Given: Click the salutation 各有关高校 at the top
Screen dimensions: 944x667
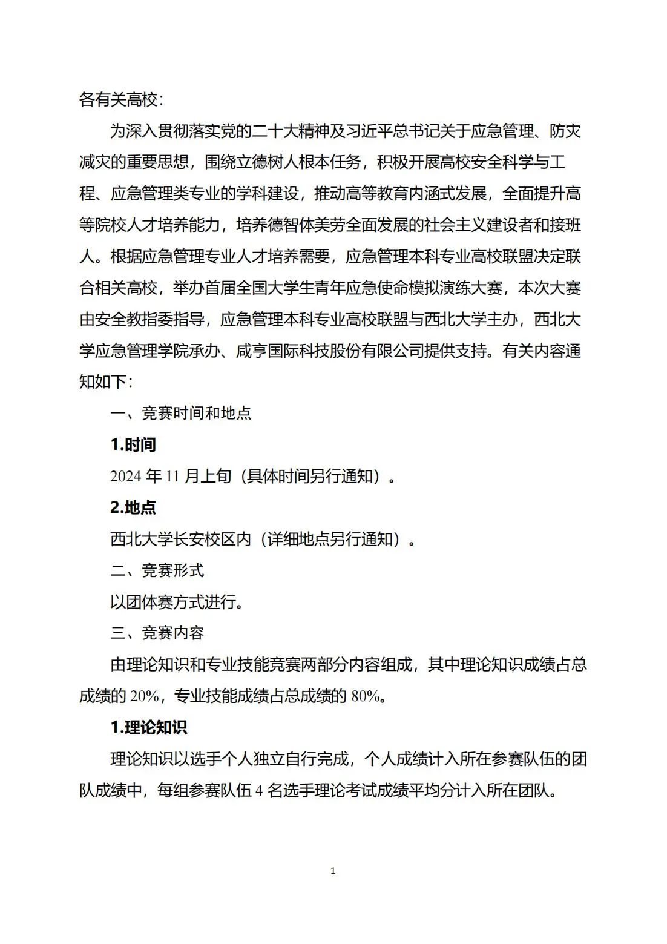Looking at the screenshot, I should (118, 99).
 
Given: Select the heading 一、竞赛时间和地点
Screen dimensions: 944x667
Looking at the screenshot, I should (180, 414).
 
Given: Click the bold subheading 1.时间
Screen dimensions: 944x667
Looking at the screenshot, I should (133, 445).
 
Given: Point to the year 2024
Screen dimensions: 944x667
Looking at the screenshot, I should (126, 477).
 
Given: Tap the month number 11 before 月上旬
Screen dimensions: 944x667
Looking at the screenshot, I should (173, 477).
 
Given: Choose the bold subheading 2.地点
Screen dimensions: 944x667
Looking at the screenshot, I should (133, 507).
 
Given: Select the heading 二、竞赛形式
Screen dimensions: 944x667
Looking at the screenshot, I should (157, 570).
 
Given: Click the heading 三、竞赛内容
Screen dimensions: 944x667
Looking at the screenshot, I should (157, 633).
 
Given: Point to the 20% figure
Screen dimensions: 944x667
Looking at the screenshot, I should (143, 696).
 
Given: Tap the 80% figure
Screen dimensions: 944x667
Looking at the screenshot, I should (365, 696).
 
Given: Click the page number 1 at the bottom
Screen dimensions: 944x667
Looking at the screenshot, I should (333, 871).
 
